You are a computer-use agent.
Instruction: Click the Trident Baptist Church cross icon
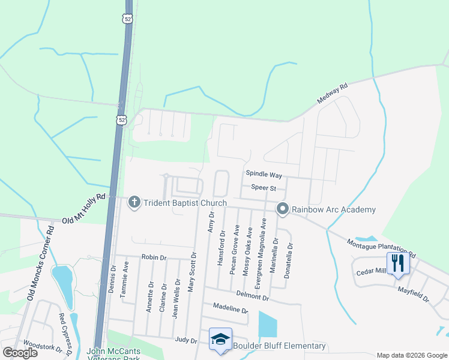(x=134, y=203)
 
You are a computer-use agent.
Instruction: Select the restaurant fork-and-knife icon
(x=397, y=263)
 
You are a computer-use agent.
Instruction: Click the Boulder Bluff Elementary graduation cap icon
(x=220, y=340)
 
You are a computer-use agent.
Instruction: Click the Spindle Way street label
(x=264, y=175)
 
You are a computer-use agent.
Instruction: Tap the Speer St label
(x=263, y=188)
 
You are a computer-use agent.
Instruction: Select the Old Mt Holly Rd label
(x=83, y=208)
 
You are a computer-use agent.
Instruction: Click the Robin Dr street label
(x=154, y=257)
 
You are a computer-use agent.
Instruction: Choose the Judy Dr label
(x=185, y=340)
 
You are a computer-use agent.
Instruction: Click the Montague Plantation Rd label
(x=381, y=247)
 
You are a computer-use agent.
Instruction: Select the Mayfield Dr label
(x=414, y=294)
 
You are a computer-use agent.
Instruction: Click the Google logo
(x=20, y=353)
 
